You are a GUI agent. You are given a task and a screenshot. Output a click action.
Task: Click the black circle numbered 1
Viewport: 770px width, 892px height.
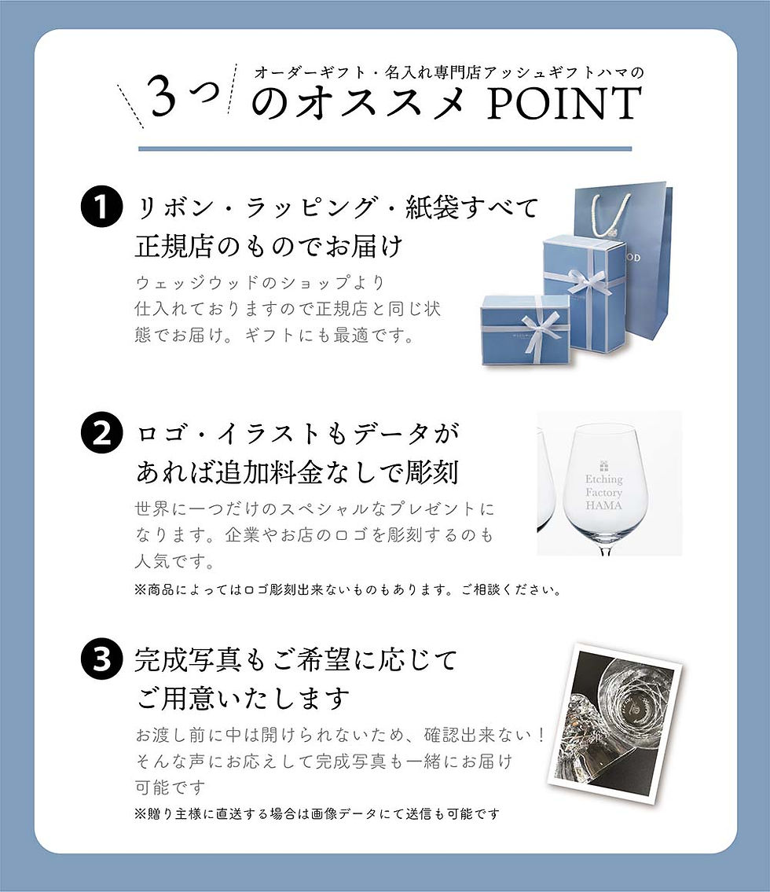coord(101,208)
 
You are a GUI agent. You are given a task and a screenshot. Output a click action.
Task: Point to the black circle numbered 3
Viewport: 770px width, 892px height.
coord(101,660)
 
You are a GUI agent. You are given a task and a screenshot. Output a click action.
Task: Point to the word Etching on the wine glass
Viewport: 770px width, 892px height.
coord(603,479)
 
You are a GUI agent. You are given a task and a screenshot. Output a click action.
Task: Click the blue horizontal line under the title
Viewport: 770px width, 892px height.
coord(385,148)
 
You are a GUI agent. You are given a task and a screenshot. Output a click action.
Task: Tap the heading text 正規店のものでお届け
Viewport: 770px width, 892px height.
coord(269,247)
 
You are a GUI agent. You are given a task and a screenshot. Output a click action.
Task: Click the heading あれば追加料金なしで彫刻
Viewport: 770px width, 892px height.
coord(297,473)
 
